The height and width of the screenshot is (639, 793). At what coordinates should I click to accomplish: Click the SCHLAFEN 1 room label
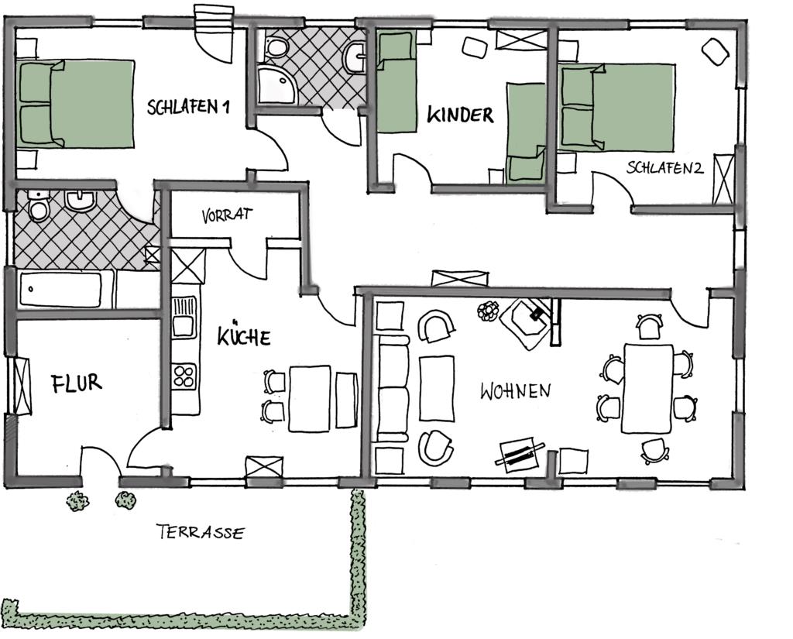point(188,107)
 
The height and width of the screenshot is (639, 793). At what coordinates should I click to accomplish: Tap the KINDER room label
point(460,115)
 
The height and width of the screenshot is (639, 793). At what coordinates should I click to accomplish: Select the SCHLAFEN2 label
point(664,167)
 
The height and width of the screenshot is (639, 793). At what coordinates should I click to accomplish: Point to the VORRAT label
point(227,215)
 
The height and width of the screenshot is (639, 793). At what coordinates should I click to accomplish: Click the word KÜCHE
point(244,335)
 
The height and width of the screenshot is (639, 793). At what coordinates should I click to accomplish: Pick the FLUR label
point(77,383)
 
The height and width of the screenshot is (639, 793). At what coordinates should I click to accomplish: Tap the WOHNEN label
point(515,391)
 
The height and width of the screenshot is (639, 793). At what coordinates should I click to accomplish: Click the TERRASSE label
point(201,532)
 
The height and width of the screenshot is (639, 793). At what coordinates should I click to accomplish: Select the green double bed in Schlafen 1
point(76,104)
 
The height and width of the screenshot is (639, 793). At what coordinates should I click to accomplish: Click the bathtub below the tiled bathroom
point(60,289)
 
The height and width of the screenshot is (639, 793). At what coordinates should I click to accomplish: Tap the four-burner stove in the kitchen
point(184,376)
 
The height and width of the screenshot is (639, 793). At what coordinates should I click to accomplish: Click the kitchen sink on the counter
point(184,318)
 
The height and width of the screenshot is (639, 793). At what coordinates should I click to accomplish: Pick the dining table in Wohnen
point(647,389)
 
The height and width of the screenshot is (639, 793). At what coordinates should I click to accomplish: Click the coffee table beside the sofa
point(437,388)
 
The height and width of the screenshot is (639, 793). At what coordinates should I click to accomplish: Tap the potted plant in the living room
point(488,310)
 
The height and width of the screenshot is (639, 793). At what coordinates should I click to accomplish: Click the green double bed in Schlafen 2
point(617,107)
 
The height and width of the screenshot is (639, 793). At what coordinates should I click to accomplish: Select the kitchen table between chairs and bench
point(310,399)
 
